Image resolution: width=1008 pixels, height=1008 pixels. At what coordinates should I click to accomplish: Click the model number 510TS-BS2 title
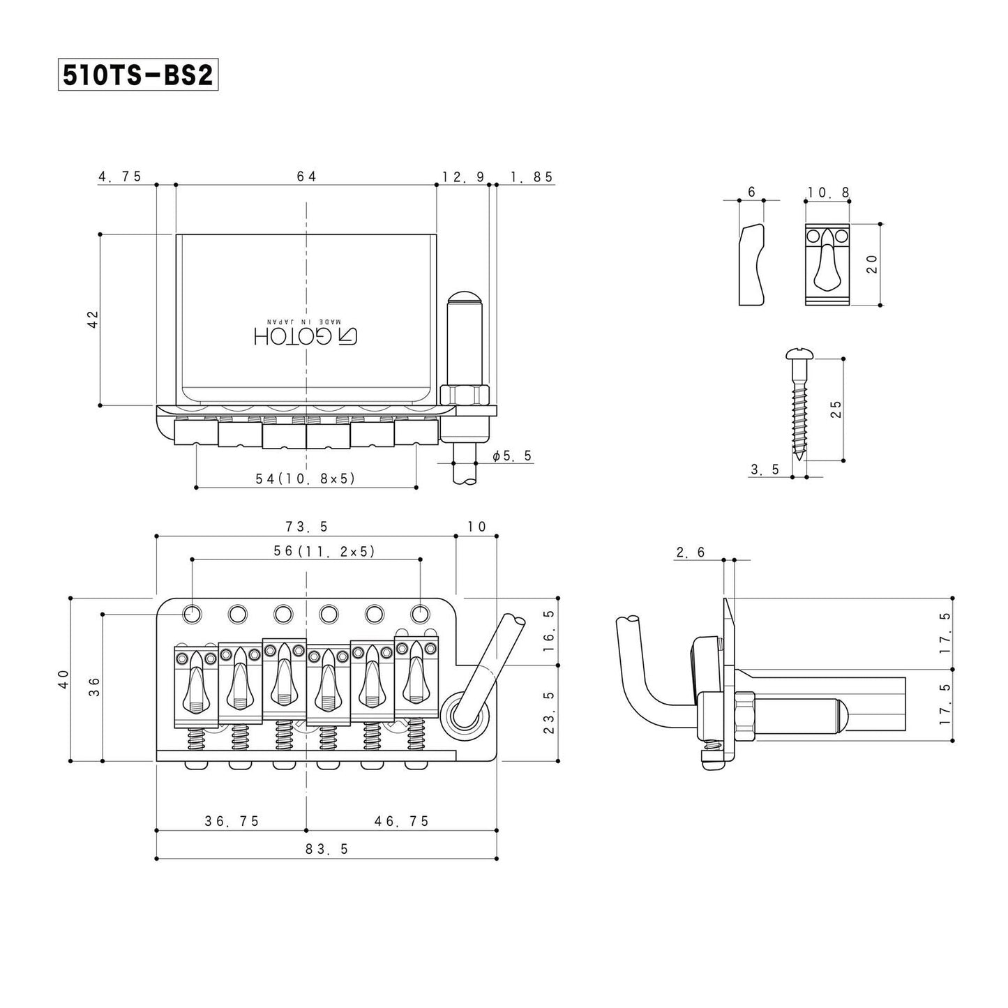(x=137, y=75)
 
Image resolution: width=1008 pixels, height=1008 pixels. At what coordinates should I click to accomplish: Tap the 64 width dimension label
(x=306, y=176)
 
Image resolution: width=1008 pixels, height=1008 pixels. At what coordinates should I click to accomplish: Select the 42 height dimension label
(x=93, y=319)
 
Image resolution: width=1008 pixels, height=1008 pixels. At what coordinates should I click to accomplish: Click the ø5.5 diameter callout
(x=512, y=456)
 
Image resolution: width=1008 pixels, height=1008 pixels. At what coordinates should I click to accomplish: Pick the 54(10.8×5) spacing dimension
(x=306, y=479)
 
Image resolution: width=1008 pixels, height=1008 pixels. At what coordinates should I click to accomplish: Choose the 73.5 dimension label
(x=306, y=527)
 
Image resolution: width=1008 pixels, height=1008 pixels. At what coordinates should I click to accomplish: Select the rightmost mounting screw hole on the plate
(x=419, y=614)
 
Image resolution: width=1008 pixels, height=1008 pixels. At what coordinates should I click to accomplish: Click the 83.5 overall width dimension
(x=326, y=849)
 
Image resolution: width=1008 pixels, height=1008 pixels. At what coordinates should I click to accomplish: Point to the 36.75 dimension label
(x=232, y=822)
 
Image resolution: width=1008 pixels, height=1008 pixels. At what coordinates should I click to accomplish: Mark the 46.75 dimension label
(x=402, y=822)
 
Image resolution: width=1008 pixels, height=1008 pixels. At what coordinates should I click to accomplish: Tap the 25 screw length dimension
(x=836, y=408)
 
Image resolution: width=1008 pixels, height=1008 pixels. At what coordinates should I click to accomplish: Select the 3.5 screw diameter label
(x=765, y=470)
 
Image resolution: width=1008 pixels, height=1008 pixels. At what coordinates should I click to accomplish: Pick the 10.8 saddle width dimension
(x=828, y=193)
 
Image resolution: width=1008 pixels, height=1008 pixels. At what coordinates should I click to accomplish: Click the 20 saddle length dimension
(x=871, y=264)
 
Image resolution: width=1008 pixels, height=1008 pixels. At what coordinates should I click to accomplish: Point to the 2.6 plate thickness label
(x=691, y=553)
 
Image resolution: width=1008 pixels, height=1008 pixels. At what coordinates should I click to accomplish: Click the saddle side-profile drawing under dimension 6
(x=752, y=265)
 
